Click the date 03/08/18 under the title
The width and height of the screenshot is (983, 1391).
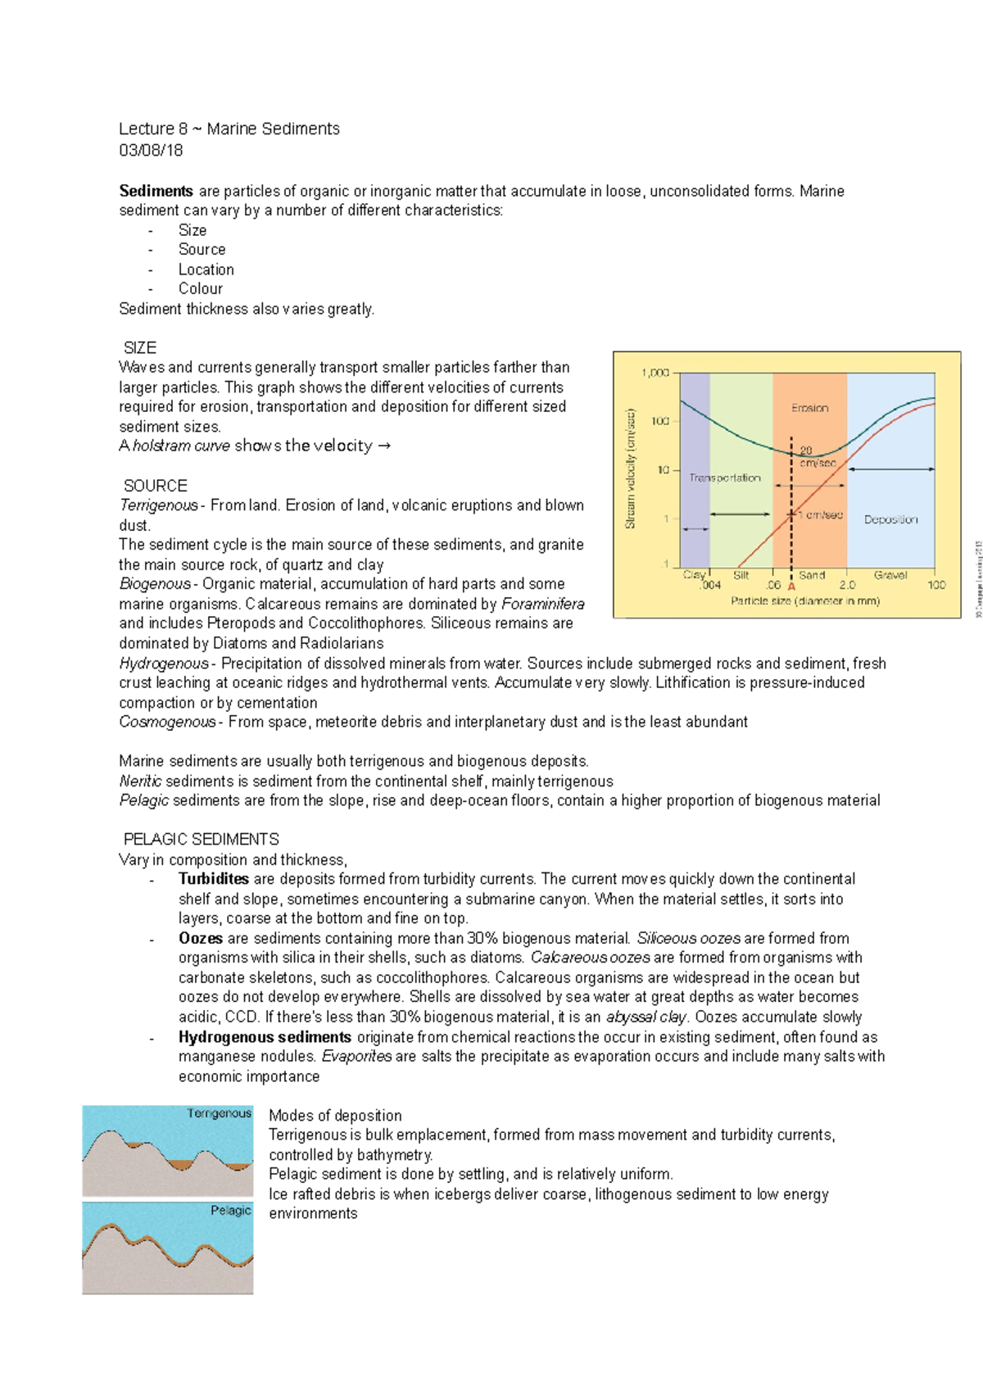151,150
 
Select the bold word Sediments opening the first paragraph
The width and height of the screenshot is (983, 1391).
156,191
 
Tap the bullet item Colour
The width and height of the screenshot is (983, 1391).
201,288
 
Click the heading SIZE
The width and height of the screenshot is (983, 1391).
140,347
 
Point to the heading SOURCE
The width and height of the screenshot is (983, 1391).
156,486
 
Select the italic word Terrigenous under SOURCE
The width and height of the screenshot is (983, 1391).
158,505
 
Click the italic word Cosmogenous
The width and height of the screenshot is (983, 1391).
167,722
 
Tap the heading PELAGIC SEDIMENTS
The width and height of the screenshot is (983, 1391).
202,840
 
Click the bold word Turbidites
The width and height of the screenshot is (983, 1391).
213,879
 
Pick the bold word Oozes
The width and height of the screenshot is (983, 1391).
201,938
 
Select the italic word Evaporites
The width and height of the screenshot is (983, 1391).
356,1056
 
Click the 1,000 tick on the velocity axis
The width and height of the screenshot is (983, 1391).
655,373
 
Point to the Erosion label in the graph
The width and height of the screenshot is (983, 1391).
809,408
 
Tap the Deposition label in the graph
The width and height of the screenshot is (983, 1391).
890,519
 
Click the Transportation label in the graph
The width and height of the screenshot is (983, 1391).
725,478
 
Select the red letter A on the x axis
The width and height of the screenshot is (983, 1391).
791,587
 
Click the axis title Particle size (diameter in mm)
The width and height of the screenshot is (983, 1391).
805,601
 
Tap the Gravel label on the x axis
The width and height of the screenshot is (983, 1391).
890,575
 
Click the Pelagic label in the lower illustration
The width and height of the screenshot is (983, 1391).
230,1210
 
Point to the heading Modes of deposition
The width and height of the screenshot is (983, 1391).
335,1115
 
